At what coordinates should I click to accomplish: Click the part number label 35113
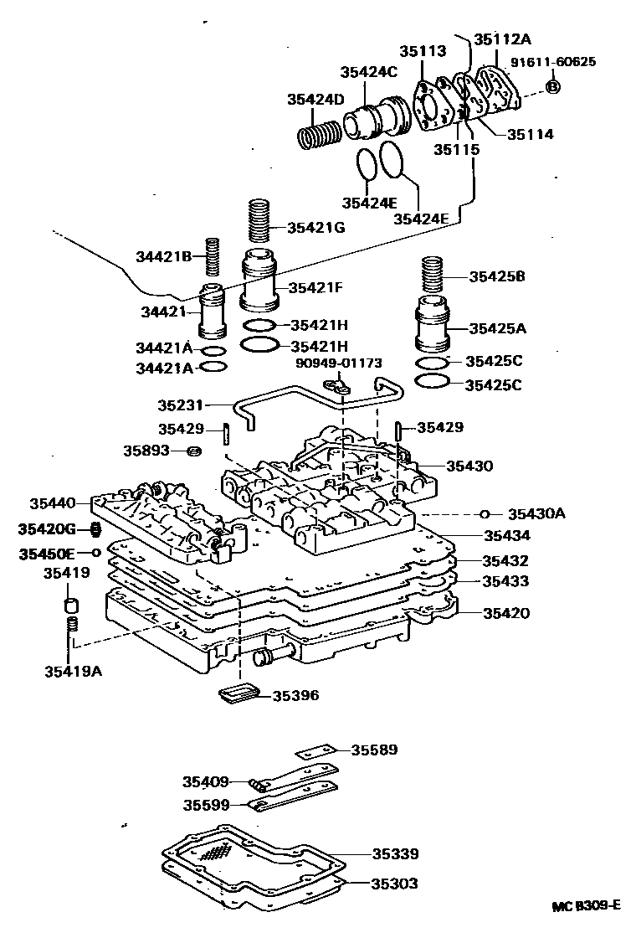(422, 51)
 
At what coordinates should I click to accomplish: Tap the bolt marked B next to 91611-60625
(553, 86)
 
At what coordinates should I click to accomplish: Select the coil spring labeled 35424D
(320, 135)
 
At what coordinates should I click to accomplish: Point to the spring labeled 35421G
(259, 220)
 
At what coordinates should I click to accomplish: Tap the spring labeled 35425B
(433, 275)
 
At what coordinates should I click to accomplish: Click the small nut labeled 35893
(192, 452)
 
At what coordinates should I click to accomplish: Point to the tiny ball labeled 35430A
(485, 513)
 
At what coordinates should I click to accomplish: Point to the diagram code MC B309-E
(586, 905)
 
